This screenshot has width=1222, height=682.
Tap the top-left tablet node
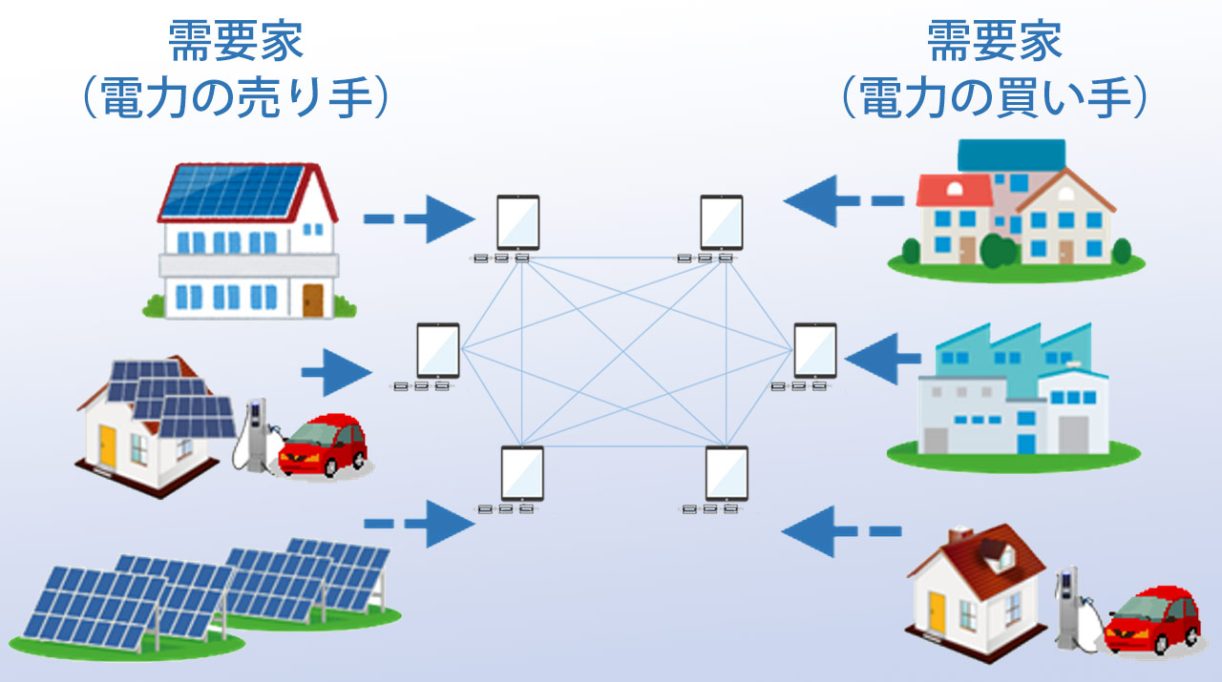pos(517,223)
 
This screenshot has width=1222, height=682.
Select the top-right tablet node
pos(721,223)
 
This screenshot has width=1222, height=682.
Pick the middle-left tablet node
pos(437,351)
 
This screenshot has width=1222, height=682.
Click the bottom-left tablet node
pos(521,474)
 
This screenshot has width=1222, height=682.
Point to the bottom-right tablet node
pos(726,474)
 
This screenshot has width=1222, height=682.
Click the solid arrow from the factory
pos(879,358)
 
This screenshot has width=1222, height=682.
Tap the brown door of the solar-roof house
pos(313,300)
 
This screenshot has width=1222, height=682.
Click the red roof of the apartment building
pos(953,190)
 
